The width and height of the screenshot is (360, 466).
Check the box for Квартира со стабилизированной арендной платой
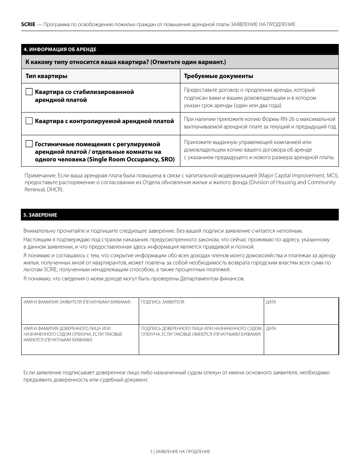29,92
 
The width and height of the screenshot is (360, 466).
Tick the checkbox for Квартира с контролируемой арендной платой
29,121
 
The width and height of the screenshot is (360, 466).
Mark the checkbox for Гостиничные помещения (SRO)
29,144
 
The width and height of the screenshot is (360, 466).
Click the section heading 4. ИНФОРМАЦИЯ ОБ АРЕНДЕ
60,50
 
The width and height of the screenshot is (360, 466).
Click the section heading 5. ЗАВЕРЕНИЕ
40,215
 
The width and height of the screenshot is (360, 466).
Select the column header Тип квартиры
46,76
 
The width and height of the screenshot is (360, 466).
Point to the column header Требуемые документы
218,76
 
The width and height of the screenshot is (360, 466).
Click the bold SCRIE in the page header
28,24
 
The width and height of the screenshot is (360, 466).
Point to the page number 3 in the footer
151,452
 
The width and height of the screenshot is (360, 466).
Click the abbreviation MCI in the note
331,176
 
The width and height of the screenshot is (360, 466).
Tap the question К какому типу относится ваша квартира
125,62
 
